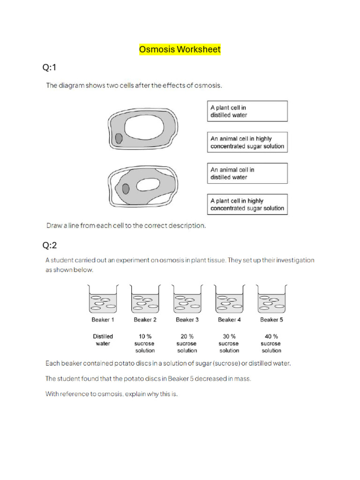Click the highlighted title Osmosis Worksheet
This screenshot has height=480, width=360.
pyautogui.click(x=180, y=49)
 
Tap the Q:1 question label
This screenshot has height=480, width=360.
pyautogui.click(x=49, y=67)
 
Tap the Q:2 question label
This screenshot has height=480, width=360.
pyautogui.click(x=49, y=245)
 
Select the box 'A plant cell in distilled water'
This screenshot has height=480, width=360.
pyautogui.click(x=247, y=111)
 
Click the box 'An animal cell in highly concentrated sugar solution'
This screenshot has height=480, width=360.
pyautogui.click(x=247, y=142)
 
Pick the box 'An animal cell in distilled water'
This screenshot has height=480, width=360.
pyautogui.click(x=247, y=173)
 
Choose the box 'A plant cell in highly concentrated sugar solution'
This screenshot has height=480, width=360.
pyautogui.click(x=247, y=204)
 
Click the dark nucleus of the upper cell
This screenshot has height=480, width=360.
pyautogui.click(x=119, y=138)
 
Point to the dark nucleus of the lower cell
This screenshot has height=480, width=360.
pyautogui.click(x=126, y=188)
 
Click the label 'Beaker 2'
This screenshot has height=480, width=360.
pyautogui.click(x=145, y=320)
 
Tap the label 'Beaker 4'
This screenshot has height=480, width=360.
pyautogui.click(x=229, y=320)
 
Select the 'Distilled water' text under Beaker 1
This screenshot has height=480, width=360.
pyautogui.click(x=103, y=340)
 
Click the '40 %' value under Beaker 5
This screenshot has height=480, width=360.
pyautogui.click(x=271, y=336)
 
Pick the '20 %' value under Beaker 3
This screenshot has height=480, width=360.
pyautogui.click(x=187, y=336)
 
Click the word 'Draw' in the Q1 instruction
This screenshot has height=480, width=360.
pyautogui.click(x=54, y=225)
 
